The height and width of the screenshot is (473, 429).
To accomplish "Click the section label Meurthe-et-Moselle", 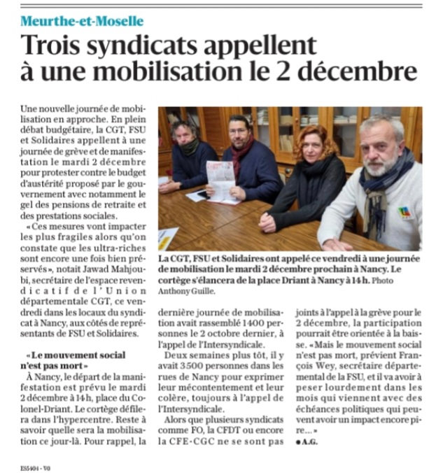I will tap(82, 20).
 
